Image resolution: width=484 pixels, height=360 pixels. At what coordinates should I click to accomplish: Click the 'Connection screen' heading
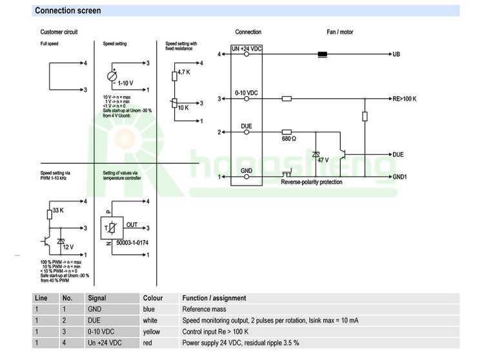click(x=68, y=11)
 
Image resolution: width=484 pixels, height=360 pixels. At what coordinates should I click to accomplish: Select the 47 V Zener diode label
click(x=322, y=159)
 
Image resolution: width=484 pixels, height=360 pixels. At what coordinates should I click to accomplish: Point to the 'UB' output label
click(x=396, y=55)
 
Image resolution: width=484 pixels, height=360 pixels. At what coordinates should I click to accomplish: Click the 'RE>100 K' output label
click(x=405, y=99)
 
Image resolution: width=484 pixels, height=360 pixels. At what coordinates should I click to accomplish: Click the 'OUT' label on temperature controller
click(x=132, y=225)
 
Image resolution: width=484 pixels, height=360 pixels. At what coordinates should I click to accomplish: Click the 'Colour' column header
click(x=152, y=298)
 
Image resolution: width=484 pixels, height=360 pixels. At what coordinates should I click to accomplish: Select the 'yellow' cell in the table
click(x=152, y=331)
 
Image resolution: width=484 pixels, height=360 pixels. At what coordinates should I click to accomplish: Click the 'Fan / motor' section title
click(x=340, y=32)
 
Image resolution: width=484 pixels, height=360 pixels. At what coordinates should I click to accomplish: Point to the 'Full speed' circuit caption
click(x=50, y=44)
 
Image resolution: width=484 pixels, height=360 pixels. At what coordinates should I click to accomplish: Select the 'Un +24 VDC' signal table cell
click(x=105, y=343)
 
